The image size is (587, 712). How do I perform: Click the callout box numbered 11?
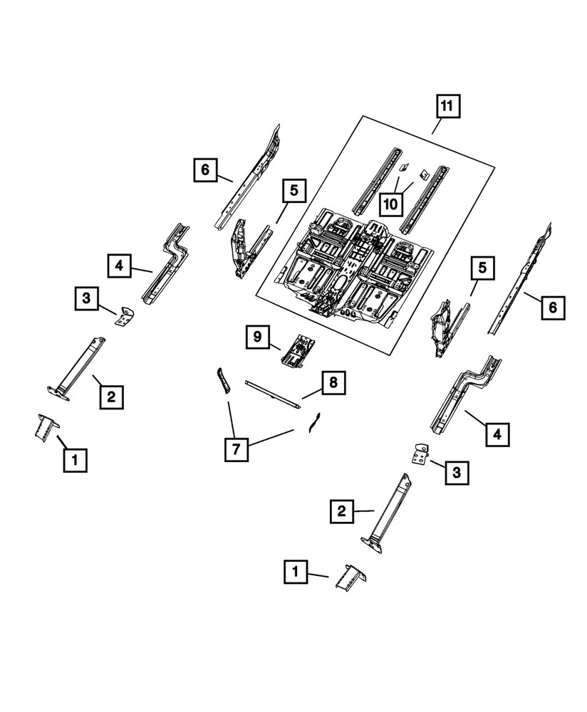[447, 108]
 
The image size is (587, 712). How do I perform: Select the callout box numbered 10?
[391, 204]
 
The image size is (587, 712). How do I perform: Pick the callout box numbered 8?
[333, 384]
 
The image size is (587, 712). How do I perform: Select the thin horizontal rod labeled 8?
[271, 392]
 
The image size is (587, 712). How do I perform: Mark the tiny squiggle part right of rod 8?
[312, 423]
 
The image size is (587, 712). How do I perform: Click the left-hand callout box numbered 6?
[204, 169]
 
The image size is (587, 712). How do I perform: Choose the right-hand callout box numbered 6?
[553, 307]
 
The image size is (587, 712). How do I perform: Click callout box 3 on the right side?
[457, 471]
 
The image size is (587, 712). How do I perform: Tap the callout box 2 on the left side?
[111, 395]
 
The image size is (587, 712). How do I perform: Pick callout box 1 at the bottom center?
[296, 572]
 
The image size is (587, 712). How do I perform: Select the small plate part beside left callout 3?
[126, 315]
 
